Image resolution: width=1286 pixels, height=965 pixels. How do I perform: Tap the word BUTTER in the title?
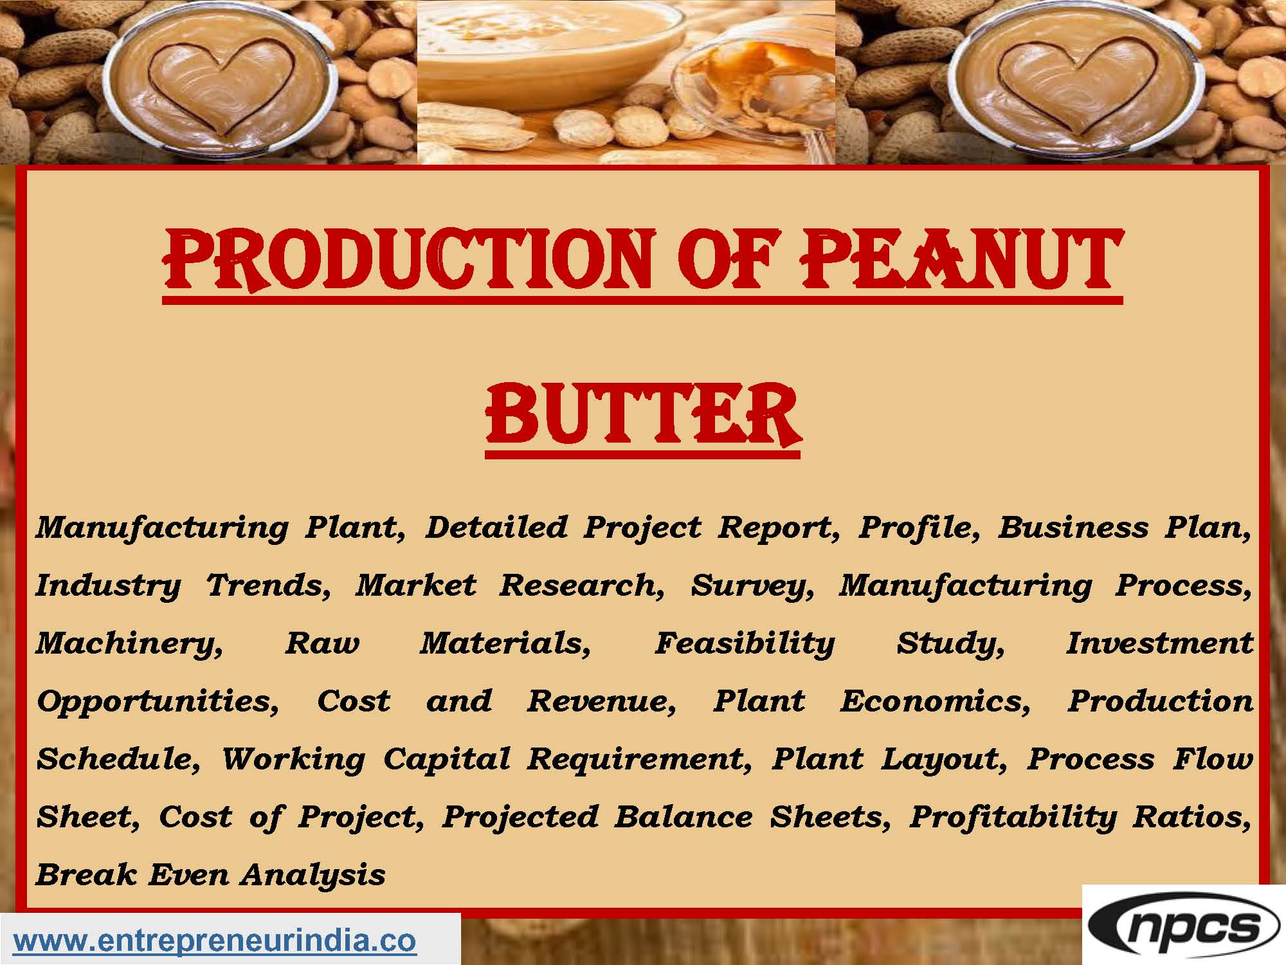643,414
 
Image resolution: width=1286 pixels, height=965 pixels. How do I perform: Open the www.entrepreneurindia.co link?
215,941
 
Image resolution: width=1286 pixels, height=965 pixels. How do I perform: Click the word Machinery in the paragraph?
129,644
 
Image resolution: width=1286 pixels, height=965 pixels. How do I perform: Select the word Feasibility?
745,644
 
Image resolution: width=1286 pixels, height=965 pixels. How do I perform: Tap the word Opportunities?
158,702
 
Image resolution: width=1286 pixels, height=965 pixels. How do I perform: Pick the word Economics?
935,701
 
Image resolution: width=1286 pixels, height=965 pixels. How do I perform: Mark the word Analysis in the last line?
313,876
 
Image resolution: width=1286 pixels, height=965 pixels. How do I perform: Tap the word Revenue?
601,701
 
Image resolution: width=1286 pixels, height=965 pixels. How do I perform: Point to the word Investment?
1159,643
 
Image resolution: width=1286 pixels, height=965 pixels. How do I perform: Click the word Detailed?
496,528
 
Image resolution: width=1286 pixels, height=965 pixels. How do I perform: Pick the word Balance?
684,817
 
